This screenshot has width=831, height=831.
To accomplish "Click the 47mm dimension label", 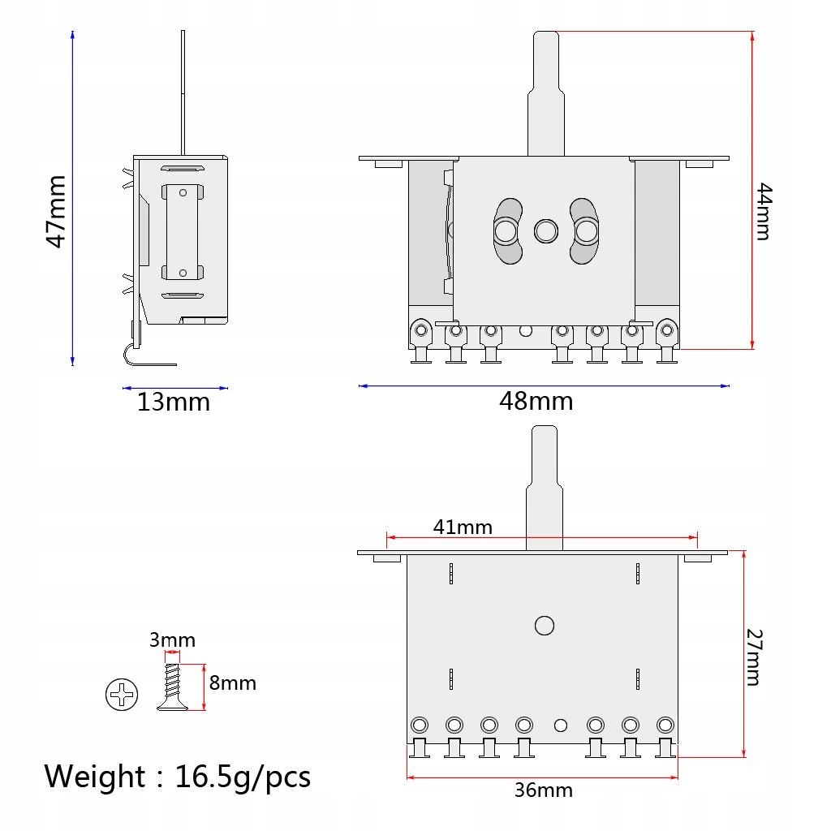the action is click(x=56, y=212).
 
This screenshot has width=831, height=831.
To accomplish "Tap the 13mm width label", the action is click(x=174, y=403).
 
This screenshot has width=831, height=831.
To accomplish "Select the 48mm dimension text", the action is click(x=536, y=401).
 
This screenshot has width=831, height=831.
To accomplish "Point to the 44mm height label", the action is click(x=764, y=212).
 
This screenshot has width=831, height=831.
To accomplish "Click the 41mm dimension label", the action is click(x=463, y=527).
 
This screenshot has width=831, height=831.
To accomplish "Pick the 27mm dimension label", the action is click(x=754, y=657).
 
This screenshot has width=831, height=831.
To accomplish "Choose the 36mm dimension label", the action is click(x=544, y=790).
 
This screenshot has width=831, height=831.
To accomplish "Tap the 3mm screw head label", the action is click(x=172, y=640).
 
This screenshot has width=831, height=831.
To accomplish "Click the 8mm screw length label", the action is click(x=233, y=683).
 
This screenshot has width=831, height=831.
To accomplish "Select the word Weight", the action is click(x=95, y=777).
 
